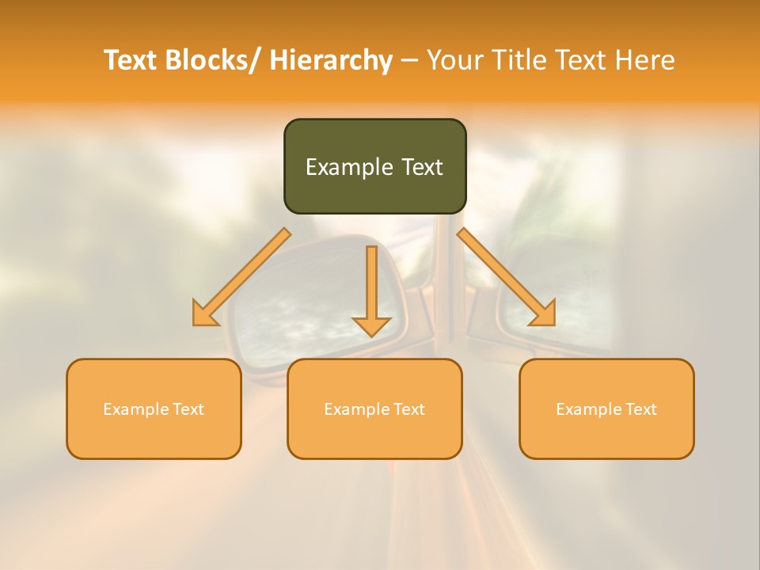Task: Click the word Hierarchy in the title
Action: tap(331, 60)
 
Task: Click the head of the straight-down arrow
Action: tap(371, 325)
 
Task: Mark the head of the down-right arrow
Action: tap(544, 315)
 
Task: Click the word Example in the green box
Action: tap(343, 167)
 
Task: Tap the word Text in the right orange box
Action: tap(640, 409)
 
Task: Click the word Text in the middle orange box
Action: tap(408, 409)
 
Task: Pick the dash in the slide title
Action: tap(410, 60)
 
